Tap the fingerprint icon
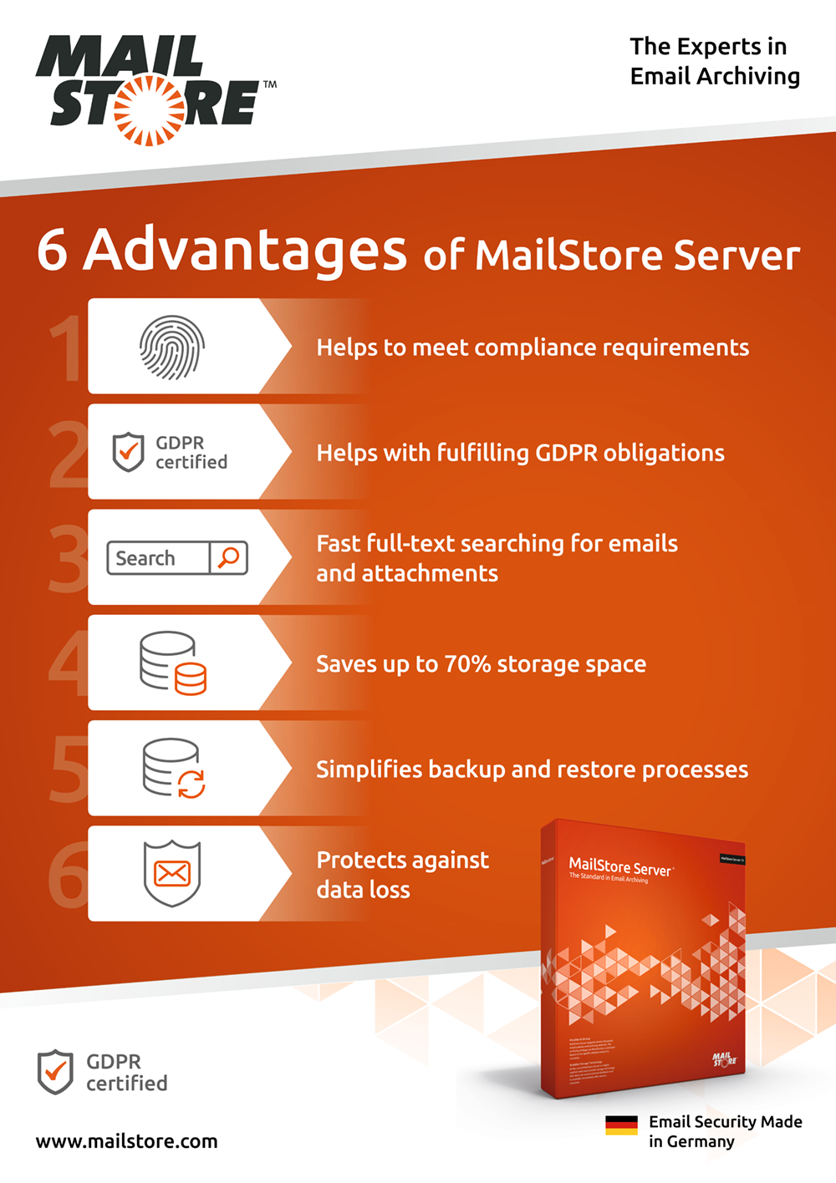[x=172, y=347]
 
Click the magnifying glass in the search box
[x=228, y=557]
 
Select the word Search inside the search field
[x=145, y=558]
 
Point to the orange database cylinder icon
[x=191, y=678]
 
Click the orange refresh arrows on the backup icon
[x=191, y=784]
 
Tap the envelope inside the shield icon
[x=172, y=874]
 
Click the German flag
[x=621, y=1125]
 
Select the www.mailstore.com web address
[x=126, y=1141]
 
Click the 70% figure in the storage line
[x=466, y=664]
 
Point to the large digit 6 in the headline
[x=52, y=250]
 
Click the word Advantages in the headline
[x=245, y=250]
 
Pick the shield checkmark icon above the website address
[x=55, y=1072]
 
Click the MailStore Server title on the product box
[x=619, y=866]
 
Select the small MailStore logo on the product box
[x=724, y=1059]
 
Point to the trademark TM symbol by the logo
[x=270, y=84]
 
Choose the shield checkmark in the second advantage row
[x=128, y=451]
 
